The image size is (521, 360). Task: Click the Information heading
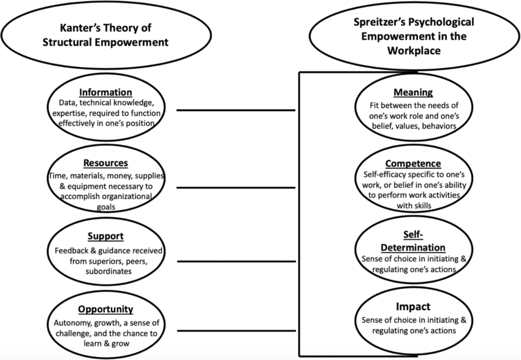point(105,92)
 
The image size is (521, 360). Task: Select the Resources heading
point(105,163)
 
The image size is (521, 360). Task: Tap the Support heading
point(105,236)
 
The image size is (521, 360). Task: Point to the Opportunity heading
point(105,309)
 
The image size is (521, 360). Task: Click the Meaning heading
point(413,92)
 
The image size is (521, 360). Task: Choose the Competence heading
point(413,163)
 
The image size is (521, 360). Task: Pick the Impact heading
point(413,307)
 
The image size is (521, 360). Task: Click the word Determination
point(413,248)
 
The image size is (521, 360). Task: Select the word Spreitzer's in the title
point(379,22)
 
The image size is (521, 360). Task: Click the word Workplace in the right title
point(414,50)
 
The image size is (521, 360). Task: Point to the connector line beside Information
point(236,110)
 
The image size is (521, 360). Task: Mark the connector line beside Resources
point(236,188)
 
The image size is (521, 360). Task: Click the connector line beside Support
point(236,262)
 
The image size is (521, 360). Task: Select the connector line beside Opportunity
point(236,331)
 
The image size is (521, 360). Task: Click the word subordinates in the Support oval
point(108,271)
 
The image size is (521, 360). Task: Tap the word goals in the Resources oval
point(106,207)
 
